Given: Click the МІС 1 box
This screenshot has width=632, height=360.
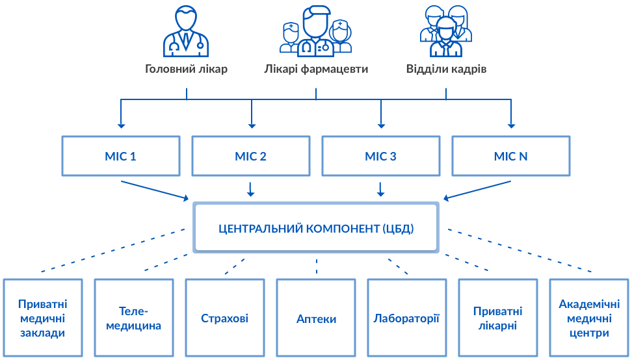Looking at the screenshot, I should coord(121,156).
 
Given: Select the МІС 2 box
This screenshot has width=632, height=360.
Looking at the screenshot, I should coord(251,156).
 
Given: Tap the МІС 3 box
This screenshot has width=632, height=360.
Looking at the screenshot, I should coord(381,156).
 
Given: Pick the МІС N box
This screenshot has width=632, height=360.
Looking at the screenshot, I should coord(511,156).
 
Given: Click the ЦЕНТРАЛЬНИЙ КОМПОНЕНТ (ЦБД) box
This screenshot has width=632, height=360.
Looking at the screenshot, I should coord(316,228).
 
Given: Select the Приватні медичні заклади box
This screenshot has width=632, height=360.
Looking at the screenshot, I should coord(43,318).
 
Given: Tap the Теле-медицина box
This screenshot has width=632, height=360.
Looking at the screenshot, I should coord(134,318).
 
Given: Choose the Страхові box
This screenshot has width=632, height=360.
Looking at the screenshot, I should coord(225,318).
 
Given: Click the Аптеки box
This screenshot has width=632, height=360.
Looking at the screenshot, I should coord(316,318).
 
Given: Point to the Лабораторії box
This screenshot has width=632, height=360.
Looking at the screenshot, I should coord(407,318).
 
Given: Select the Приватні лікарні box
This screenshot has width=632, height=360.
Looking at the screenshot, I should coord(498,318).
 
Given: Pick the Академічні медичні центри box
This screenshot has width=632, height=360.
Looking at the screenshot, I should coord(589,318).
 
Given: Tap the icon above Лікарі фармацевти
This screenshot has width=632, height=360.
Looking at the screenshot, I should coord(316,31).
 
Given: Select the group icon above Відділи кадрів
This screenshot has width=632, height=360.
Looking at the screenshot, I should coord(446,31).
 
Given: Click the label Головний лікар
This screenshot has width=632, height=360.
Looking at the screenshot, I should coord(186,69).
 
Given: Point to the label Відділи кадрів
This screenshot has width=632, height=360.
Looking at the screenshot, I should coord(446,69).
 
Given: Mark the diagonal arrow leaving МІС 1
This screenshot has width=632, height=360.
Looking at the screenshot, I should coord(155,190).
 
